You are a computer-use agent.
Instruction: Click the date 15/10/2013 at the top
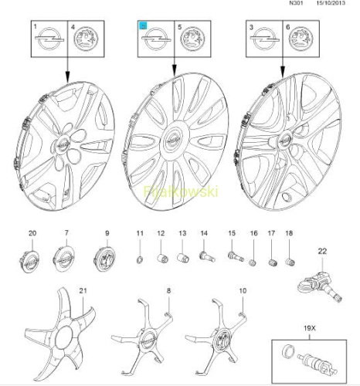click(331, 3)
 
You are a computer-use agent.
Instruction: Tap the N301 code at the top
click(296, 3)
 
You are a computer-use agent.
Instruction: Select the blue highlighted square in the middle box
click(143, 25)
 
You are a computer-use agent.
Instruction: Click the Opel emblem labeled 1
click(49, 39)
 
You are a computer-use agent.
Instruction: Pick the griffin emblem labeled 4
click(86, 39)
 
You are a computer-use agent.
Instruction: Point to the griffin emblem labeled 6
click(301, 39)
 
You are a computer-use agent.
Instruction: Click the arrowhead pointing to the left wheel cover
click(68, 77)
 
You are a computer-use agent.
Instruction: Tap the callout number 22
click(322, 251)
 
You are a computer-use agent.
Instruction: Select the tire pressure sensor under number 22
click(320, 286)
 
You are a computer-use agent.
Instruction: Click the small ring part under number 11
click(140, 260)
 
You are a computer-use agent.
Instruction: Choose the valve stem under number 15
click(236, 256)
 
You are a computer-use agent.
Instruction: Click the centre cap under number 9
click(104, 259)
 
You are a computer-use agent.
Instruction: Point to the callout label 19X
click(309, 328)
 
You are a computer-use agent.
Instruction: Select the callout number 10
click(243, 291)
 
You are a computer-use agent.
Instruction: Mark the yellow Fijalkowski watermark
click(181, 191)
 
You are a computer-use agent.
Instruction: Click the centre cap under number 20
click(29, 260)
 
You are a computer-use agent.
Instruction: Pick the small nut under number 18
click(290, 262)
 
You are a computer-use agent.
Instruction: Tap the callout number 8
click(168, 291)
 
